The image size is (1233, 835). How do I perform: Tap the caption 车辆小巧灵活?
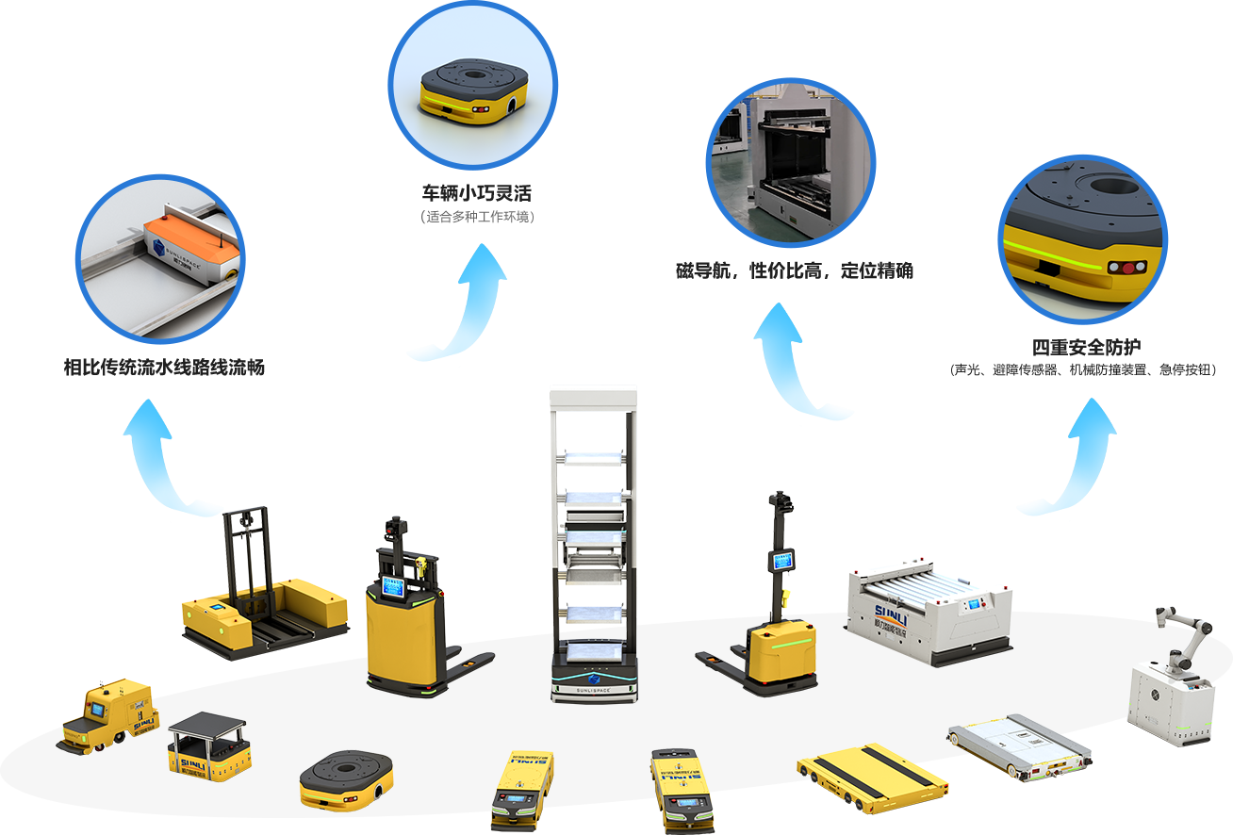click(x=477, y=194)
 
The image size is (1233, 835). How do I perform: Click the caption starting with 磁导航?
click(x=794, y=271)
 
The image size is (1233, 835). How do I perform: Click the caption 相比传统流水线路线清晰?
click(x=162, y=368)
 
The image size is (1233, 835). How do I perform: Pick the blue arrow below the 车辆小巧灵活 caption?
click(x=457, y=304)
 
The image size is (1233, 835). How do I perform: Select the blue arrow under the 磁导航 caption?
click(x=803, y=363)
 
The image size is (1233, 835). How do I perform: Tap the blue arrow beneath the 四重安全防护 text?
click(x=1066, y=459)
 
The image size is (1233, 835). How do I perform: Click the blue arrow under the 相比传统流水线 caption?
click(x=173, y=460)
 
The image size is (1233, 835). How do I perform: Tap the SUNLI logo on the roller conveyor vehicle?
click(x=878, y=621)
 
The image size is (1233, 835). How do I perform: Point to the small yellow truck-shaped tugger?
click(x=107, y=716)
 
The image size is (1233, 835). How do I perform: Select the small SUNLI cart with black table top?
click(x=208, y=745)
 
